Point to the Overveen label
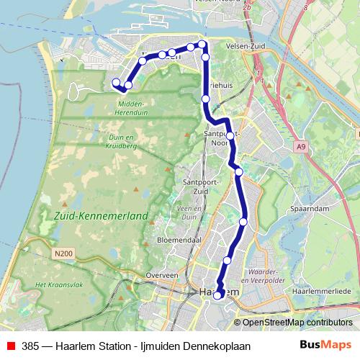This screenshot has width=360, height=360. click(161, 275)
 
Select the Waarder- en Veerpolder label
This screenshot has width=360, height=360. click(268, 276)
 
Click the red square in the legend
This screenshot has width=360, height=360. click(9, 346)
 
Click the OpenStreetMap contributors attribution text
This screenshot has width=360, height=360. click(297, 323)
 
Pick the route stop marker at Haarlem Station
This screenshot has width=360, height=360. click(217, 295)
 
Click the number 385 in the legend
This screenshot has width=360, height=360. click(30, 346)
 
